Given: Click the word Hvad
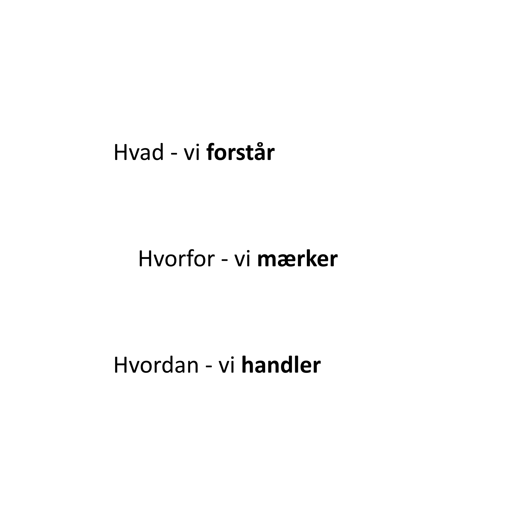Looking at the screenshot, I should (x=139, y=153).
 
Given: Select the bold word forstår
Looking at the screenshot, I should (x=240, y=153).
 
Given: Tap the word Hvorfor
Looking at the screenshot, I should (x=177, y=259).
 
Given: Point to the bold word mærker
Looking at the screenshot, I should (x=297, y=259).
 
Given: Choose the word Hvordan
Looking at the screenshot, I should (x=156, y=365).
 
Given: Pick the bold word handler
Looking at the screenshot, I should (x=281, y=365).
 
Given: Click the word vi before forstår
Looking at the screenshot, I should (x=192, y=153).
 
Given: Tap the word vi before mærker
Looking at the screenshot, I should (x=243, y=259).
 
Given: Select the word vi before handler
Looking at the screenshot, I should (x=227, y=365).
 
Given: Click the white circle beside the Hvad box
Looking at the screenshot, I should (x=59, y=154).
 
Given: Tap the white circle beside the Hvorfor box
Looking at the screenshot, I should (x=81, y=260).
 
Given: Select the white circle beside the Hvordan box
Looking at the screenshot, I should (x=59, y=366).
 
